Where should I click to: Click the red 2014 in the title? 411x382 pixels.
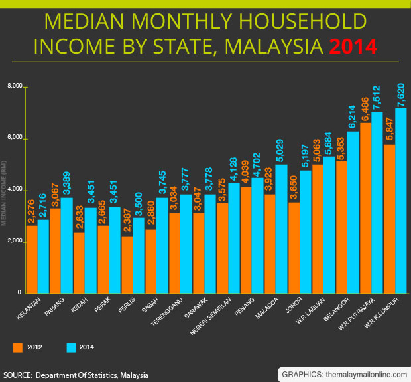tap(352, 47)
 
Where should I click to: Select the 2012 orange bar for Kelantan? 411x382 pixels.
tap(32, 259)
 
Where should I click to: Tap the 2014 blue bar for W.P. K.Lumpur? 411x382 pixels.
tap(401, 199)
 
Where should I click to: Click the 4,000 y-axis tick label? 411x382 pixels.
tap(15, 190)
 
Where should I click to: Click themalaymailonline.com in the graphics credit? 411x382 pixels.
tap(363, 373)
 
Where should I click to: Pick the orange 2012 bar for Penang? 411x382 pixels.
tap(246, 240)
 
